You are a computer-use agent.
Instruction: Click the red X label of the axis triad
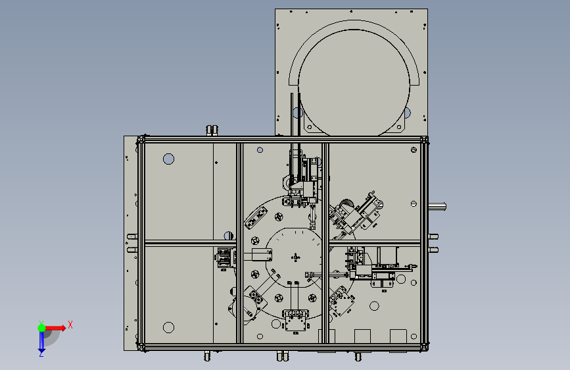70,325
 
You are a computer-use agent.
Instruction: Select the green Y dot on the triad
42,328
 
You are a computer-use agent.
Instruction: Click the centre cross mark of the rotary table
296,257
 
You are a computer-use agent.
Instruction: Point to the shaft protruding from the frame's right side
437,207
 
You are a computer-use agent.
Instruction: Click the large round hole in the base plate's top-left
169,159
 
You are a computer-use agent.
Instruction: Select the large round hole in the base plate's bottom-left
169,327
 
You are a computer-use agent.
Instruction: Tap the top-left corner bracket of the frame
141,140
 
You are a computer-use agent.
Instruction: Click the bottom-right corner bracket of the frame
424,347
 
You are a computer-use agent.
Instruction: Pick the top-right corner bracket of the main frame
424,140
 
